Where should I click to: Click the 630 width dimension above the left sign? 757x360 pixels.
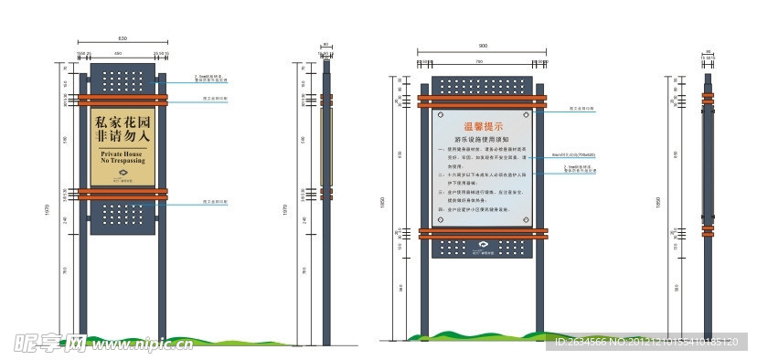(123, 37)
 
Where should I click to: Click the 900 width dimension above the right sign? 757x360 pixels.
(482, 45)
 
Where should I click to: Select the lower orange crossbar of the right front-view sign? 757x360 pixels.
(482, 233)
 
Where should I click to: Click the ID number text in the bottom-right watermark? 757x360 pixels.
(645, 344)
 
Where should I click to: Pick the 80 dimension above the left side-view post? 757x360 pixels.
(325, 44)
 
